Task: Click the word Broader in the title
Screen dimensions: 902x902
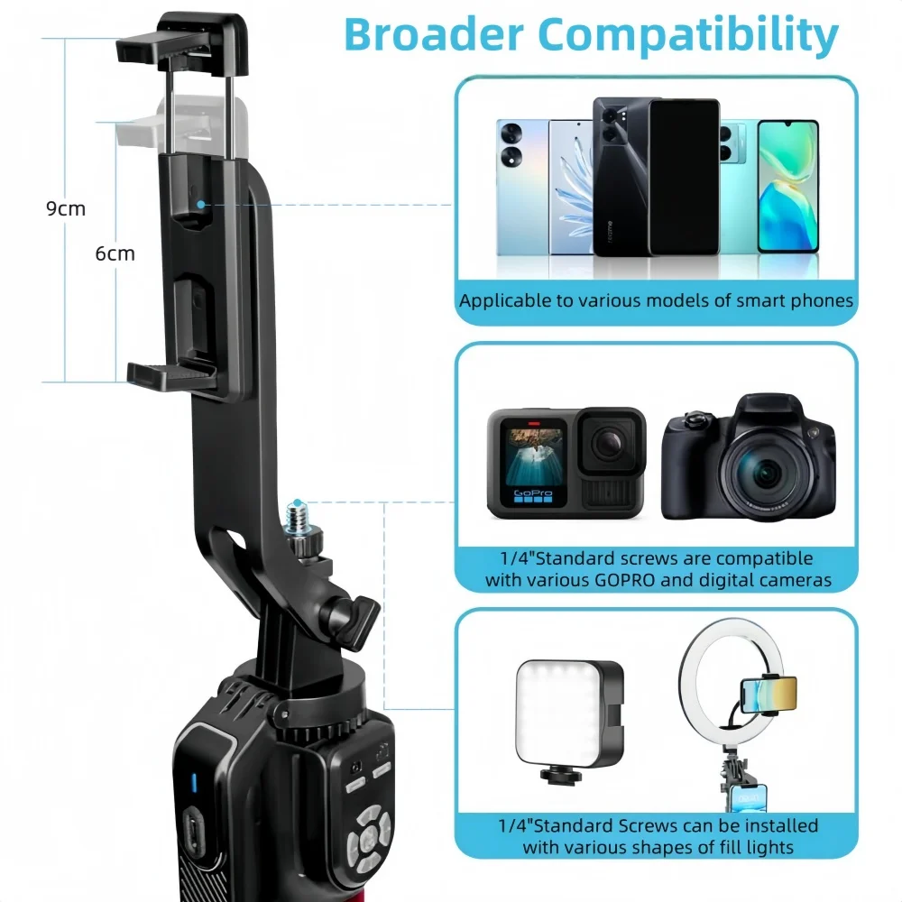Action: point(433,34)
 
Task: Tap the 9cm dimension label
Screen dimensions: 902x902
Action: point(66,209)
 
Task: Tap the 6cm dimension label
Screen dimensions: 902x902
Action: point(115,253)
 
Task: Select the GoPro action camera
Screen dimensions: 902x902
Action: point(566,464)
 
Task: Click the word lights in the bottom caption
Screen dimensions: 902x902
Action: point(764,847)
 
